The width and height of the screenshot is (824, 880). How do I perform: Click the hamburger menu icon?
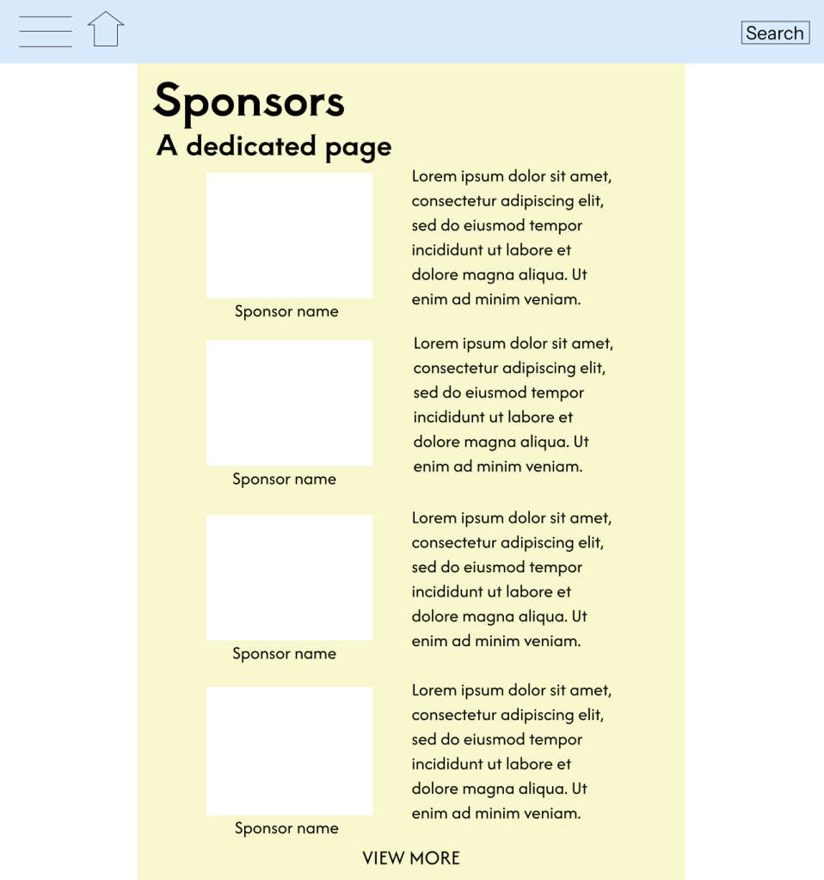46,32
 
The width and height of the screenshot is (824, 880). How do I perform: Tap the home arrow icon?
106,30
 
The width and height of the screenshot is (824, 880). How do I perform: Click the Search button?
775,33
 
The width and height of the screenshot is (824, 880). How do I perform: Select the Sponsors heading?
249,101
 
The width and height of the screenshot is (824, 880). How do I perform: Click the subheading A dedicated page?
274,146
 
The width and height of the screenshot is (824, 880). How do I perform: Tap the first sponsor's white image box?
289,235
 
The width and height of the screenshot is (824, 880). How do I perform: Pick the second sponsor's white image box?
289,403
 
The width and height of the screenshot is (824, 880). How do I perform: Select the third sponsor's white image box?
289,577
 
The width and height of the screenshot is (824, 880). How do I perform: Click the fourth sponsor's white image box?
289,750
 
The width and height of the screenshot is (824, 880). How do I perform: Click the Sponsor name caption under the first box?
286,311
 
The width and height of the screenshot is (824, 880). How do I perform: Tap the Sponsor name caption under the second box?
284,479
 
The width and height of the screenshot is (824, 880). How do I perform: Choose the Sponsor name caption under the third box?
284,653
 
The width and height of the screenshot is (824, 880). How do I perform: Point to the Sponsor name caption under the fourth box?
286,828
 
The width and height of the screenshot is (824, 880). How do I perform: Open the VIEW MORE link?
411,858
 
